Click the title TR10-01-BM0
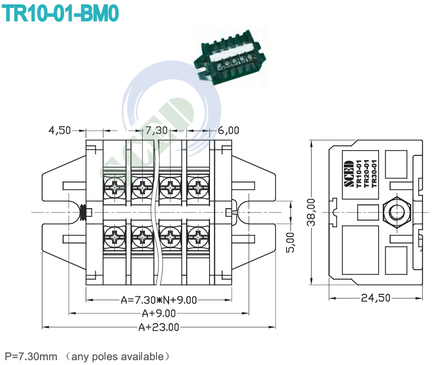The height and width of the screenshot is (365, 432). (61, 13)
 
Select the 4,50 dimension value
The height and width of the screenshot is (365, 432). (59, 130)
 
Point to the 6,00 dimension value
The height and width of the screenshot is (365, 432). (228, 130)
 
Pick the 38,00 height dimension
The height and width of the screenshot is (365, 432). (312, 212)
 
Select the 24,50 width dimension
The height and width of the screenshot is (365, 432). (376, 298)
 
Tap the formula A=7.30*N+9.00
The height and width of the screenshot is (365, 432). (158, 300)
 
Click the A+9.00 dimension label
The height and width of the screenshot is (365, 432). (158, 314)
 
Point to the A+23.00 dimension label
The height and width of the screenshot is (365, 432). (158, 327)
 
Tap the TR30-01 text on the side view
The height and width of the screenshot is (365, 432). (373, 175)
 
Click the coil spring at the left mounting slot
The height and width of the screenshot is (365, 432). (83, 212)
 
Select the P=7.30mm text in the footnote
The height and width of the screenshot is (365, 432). (31, 356)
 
